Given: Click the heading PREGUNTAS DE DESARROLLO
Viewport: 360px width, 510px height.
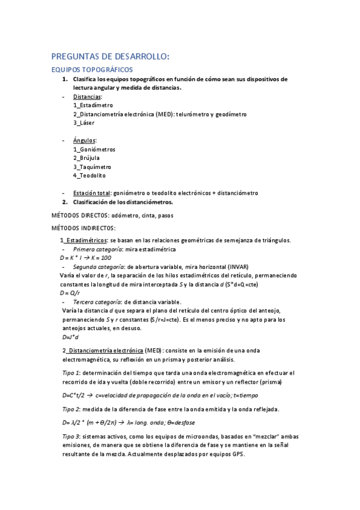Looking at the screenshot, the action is [111, 57].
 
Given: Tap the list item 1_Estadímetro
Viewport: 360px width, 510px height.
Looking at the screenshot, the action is [93, 105].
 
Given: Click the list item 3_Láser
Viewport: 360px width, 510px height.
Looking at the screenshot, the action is [84, 123].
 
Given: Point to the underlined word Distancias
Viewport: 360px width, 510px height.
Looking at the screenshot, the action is [87, 96].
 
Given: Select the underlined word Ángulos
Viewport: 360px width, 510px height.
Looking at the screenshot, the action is [84, 140].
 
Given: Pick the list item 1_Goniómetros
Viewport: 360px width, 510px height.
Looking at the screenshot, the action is [94, 149].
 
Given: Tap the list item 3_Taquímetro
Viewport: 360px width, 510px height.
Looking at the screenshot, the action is [92, 167].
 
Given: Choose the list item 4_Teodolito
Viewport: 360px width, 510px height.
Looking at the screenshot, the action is [89, 175].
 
